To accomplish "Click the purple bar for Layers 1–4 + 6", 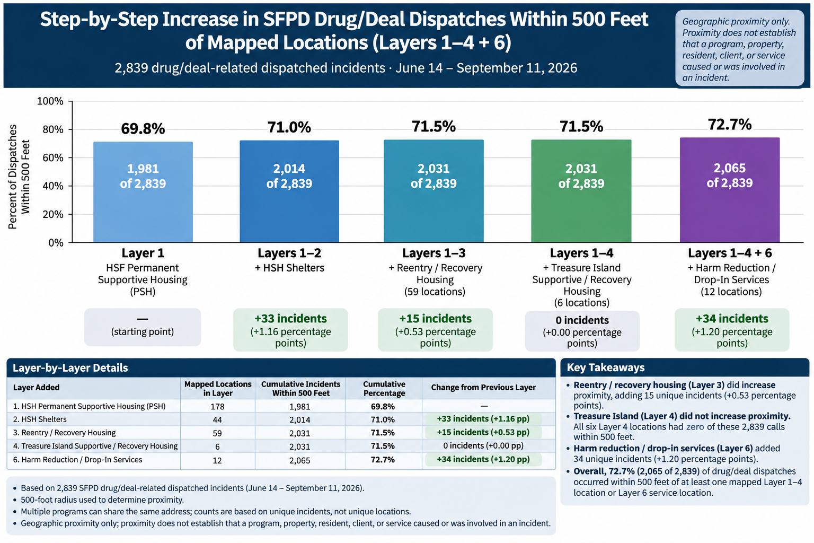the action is coord(730,190).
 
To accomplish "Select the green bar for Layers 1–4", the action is coord(581,191).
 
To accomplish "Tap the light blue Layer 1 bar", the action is coord(143,192).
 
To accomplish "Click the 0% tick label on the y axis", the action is coord(56,242).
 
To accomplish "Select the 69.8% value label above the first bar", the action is coord(143,129).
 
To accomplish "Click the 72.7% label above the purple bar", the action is coord(730,125).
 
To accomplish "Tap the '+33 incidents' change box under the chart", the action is coord(290,330).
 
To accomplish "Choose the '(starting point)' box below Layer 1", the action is coord(143,327).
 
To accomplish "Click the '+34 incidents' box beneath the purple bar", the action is coord(732,330).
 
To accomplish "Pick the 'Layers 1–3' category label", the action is coord(434,253).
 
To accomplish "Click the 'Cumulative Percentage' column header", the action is coord(384,389).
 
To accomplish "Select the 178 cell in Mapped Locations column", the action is coord(217,406).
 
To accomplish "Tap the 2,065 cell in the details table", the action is coord(300,460).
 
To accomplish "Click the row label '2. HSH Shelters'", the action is coord(40,419).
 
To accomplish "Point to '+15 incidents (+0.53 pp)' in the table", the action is coord(483,432).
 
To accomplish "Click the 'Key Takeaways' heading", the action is coord(606,367).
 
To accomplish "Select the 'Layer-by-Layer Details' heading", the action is coord(70,367).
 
